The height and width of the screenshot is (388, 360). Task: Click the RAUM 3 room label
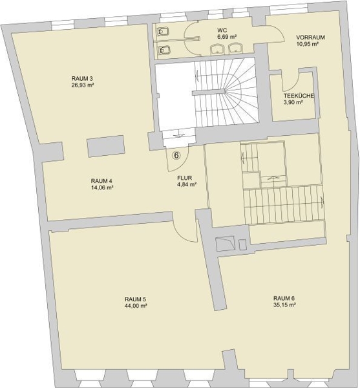tap(82, 79)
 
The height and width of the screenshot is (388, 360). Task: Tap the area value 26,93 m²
tap(82, 85)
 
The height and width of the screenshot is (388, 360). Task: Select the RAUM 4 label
tap(101, 181)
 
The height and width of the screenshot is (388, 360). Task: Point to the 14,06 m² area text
tap(102, 188)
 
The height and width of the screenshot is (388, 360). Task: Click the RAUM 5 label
tap(136, 299)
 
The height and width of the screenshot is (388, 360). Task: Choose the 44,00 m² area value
tap(136, 306)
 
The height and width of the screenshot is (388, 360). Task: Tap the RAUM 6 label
tap(284, 298)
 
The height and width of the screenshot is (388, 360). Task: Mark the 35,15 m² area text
tap(285, 305)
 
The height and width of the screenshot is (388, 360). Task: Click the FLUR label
tap(185, 178)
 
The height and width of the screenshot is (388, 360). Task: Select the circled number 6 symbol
tap(176, 156)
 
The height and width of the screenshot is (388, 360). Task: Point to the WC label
tap(222, 30)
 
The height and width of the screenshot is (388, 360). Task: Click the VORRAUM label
tap(310, 38)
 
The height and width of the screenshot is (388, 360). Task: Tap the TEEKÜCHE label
tap(299, 96)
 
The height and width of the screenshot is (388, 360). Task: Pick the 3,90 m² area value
tap(293, 102)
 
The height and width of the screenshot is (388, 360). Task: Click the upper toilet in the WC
tap(163, 32)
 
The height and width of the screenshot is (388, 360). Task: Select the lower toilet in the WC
tap(163, 50)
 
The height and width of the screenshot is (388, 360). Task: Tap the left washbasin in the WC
tap(217, 49)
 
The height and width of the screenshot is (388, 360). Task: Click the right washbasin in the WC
tap(235, 48)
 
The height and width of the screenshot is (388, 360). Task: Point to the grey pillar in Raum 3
tap(105, 146)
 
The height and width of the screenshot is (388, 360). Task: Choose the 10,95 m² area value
tap(308, 44)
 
